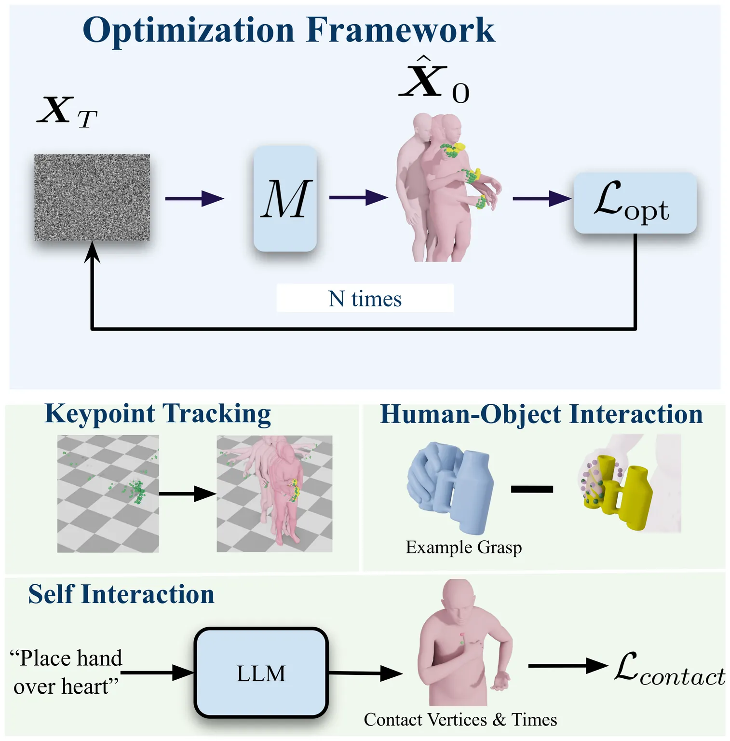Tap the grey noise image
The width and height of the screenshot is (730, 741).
[92, 197]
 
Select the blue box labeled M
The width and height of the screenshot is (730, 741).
[285, 198]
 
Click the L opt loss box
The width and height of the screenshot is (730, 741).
[635, 203]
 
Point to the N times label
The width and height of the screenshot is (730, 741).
[365, 299]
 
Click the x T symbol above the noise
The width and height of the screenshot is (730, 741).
[67, 112]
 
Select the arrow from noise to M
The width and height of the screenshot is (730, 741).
[194, 198]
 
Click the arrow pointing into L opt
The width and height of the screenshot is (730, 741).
[541, 198]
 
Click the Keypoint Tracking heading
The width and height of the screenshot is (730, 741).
[158, 414]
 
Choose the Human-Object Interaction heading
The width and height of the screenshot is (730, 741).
[541, 414]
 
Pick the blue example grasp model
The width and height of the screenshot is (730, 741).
[450, 487]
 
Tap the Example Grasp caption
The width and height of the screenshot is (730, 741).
[463, 548]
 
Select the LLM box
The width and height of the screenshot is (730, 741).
[261, 672]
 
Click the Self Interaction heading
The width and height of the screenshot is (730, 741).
[121, 594]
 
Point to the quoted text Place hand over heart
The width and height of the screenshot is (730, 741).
[66, 672]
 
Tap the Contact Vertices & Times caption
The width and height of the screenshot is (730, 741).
[460, 719]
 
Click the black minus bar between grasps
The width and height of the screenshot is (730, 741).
[532, 489]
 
